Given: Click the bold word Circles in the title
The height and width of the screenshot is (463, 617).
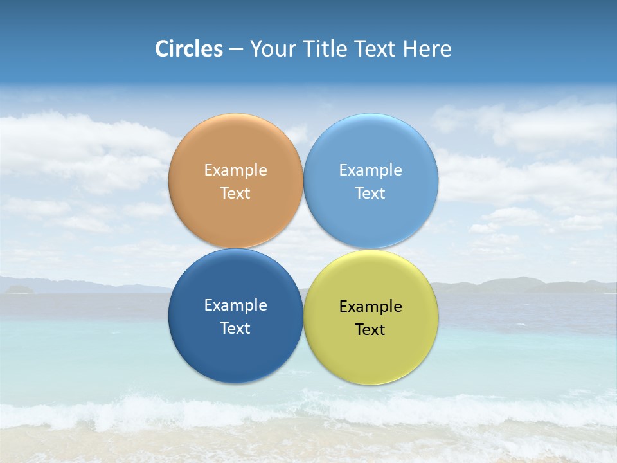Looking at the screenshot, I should pyautogui.click(x=189, y=49).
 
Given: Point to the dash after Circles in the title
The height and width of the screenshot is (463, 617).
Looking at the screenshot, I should pyautogui.click(x=236, y=50).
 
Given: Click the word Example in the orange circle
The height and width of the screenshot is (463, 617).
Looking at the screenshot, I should pyautogui.click(x=235, y=170).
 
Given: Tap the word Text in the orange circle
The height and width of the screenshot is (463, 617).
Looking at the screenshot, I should pyautogui.click(x=235, y=194).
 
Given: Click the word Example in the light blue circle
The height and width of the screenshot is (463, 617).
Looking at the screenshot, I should pyautogui.click(x=370, y=170).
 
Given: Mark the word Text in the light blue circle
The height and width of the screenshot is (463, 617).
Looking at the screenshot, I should pyautogui.click(x=370, y=194).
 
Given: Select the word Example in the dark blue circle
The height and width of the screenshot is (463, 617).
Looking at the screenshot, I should pyautogui.click(x=235, y=305).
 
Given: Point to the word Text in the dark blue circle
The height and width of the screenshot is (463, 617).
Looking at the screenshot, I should pyautogui.click(x=235, y=329).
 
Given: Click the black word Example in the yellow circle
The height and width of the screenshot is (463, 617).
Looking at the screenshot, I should pyautogui.click(x=370, y=307).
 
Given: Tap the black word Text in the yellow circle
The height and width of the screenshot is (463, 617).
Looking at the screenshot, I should pyautogui.click(x=370, y=330).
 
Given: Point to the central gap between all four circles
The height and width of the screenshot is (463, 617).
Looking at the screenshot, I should pyautogui.click(x=303, y=249).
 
